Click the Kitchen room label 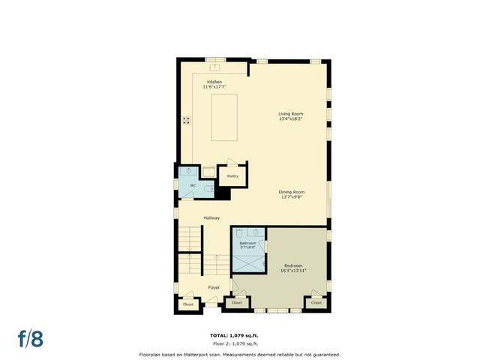click(x=214, y=82)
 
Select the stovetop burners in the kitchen click(x=185, y=121)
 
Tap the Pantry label click(x=232, y=176)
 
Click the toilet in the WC click(x=207, y=190)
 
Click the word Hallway click(x=211, y=217)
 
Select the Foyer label click(x=214, y=287)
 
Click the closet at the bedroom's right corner click(x=316, y=303)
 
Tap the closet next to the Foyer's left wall click(x=188, y=304)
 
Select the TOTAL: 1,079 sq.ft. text click(x=239, y=334)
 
